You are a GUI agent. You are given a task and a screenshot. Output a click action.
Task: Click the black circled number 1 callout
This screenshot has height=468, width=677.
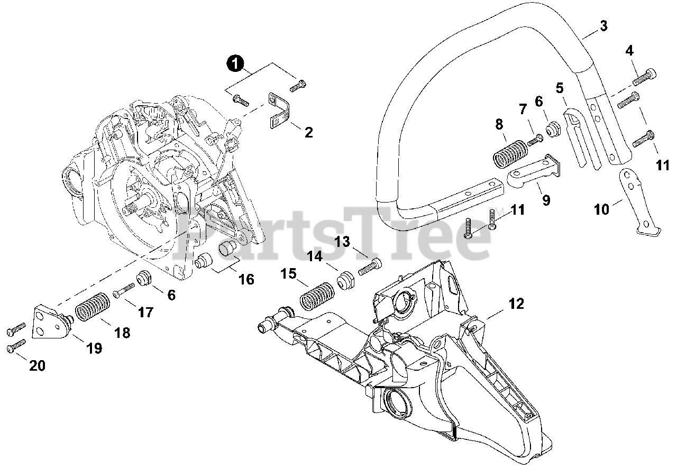point(235,64)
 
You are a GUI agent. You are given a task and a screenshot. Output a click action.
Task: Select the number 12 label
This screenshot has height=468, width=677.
point(516,304)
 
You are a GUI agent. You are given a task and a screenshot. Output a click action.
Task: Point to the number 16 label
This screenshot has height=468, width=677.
point(246,279)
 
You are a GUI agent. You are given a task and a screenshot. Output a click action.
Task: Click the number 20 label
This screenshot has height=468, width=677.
point(37,365)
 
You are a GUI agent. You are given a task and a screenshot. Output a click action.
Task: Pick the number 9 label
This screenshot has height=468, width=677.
point(546,200)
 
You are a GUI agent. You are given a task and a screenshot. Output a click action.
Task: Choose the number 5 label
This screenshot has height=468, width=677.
point(560,88)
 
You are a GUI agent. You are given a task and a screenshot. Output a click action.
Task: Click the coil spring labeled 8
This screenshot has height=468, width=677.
point(508,152)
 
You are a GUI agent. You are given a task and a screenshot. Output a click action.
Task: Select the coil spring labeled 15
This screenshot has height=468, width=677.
point(316,296)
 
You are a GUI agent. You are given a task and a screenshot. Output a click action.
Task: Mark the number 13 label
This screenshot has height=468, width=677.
point(343,242)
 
